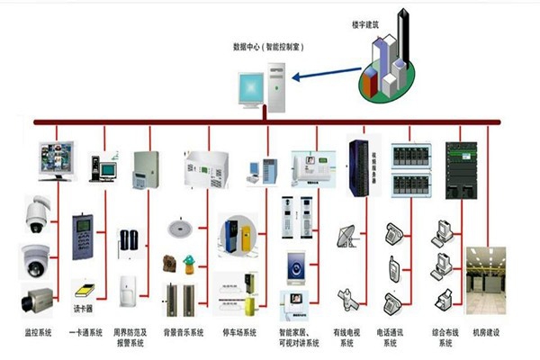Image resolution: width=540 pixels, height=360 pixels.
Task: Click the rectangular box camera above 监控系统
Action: pyautogui.click(x=38, y=298)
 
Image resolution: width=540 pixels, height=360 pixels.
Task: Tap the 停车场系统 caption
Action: pyautogui.click(x=239, y=332)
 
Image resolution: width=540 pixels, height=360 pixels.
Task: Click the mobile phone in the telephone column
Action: pyautogui.click(x=393, y=267)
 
